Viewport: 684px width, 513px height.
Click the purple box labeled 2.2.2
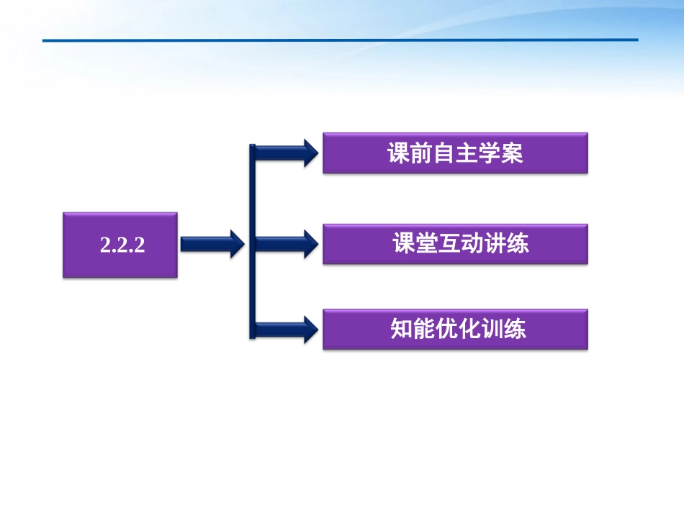[120, 245]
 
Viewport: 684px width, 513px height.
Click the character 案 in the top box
[512, 154]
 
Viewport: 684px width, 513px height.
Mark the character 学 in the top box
[489, 154]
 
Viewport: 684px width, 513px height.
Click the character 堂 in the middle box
[427, 244]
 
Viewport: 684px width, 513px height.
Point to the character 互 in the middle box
[449, 244]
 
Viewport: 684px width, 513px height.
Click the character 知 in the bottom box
[402, 329]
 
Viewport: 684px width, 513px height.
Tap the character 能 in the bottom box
[425, 329]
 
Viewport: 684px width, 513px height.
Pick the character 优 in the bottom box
[447, 329]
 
